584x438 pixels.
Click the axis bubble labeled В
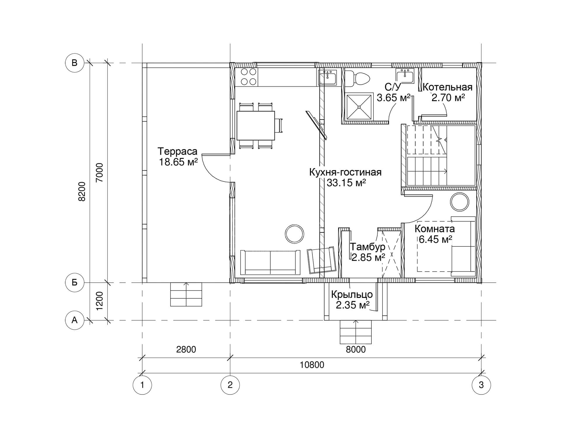tap(74, 63)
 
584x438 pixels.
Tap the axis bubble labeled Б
tap(74, 282)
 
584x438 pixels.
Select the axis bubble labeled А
tap(74, 320)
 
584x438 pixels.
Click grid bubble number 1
tap(142, 385)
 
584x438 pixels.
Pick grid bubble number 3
tap(481, 385)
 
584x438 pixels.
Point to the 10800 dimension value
tap(312, 365)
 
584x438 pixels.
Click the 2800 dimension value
tap(186, 349)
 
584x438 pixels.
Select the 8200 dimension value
tap(82, 192)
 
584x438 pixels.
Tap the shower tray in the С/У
tap(359, 107)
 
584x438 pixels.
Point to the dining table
tap(256, 126)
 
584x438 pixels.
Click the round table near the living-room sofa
tap(294, 234)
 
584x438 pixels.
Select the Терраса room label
tap(178, 152)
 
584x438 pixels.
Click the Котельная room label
tap(447, 87)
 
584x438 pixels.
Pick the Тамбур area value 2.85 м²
tap(368, 257)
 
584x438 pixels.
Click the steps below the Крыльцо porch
tap(356, 332)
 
